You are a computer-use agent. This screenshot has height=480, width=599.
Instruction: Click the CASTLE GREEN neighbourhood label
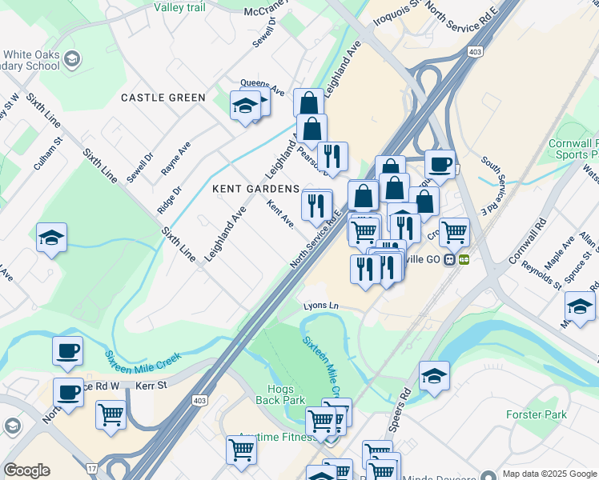(x=163, y=98)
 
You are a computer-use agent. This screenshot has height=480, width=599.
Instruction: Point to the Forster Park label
(x=537, y=414)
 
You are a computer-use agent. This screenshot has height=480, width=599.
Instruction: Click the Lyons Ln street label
(x=321, y=306)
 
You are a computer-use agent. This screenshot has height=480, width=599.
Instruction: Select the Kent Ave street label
(x=280, y=214)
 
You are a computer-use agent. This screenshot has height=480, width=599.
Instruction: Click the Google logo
(x=26, y=470)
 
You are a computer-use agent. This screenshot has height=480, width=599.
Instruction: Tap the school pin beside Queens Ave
(x=245, y=105)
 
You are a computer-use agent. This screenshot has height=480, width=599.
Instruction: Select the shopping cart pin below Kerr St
(x=111, y=414)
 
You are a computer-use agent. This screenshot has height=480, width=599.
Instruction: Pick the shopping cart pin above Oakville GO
(x=454, y=231)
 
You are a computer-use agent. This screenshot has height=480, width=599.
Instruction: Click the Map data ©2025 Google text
(x=549, y=474)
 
